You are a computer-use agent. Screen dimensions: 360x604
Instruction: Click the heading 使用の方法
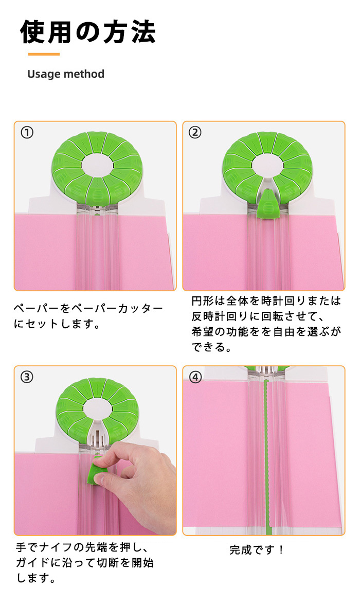[88, 32]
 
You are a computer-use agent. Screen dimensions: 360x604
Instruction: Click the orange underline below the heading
[44, 55]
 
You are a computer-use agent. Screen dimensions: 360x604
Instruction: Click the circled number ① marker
[27, 133]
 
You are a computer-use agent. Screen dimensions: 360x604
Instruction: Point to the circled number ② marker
[195, 133]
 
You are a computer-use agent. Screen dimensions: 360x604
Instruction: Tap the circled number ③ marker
[27, 377]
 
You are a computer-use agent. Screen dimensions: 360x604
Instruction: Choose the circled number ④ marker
[195, 377]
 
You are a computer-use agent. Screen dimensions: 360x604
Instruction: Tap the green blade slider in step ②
[268, 205]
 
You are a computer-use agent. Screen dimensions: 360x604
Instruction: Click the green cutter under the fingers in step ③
[97, 472]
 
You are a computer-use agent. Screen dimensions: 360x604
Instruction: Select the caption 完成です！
[257, 549]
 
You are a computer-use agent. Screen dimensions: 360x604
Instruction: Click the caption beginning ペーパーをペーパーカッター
[88, 316]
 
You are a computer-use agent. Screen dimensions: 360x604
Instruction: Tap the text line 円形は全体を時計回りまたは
[266, 301]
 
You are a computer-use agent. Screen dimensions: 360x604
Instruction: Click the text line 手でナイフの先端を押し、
[82, 547]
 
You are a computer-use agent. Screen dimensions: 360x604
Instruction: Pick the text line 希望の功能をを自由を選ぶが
[266, 331]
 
